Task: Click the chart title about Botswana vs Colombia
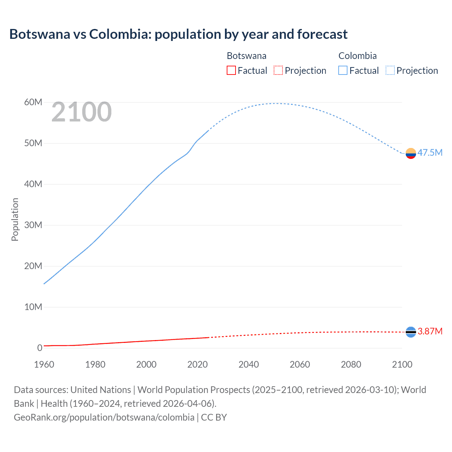(x=178, y=34)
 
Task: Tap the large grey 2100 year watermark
(x=82, y=112)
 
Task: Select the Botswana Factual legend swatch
(x=231, y=70)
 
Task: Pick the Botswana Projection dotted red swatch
(x=278, y=70)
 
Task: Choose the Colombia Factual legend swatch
(x=343, y=70)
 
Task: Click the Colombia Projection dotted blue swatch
(x=390, y=70)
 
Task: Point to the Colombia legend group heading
(x=357, y=56)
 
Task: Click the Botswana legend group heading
(x=246, y=56)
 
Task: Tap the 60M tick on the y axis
(x=33, y=102)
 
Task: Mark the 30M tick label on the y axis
(x=33, y=225)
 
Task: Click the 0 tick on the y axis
(x=40, y=348)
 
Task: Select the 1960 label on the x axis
(x=44, y=364)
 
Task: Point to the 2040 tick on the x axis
(x=249, y=364)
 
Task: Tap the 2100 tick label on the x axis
(x=402, y=364)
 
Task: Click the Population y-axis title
(x=15, y=219)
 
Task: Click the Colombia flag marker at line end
(x=411, y=153)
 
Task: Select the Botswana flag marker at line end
(x=411, y=332)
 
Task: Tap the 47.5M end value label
(x=430, y=153)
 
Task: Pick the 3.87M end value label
(x=430, y=331)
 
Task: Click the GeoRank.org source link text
(x=104, y=417)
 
